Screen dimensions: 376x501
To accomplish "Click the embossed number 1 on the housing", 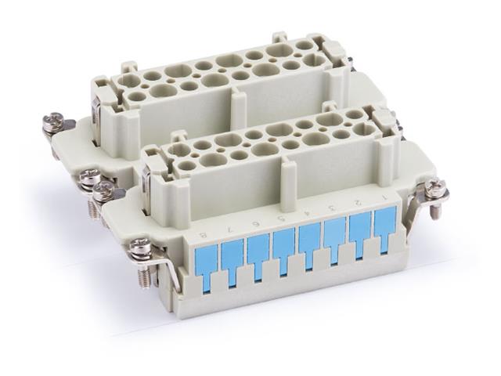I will [x=383, y=196].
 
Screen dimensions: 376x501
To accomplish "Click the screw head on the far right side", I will [x=434, y=189].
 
